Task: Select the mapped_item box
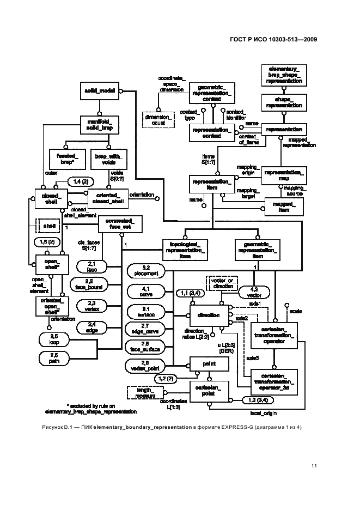(x=284, y=207)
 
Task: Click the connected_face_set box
(x=120, y=223)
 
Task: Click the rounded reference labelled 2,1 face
(x=91, y=265)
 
